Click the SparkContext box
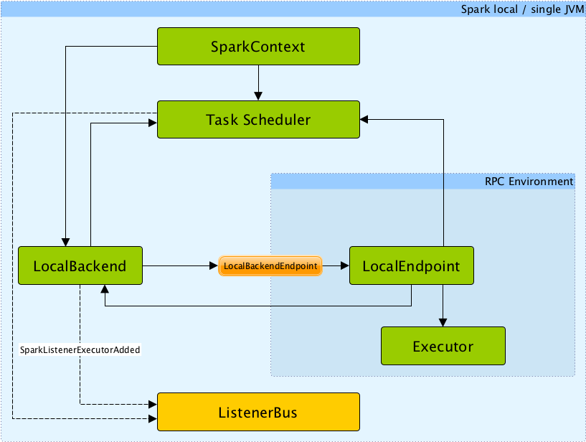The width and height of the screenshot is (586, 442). (x=257, y=47)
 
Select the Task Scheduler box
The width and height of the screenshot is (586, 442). (x=257, y=119)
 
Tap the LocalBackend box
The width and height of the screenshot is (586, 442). (x=80, y=266)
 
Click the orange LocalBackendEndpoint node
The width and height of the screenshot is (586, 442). (x=270, y=266)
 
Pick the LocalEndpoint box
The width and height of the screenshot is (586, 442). (x=411, y=266)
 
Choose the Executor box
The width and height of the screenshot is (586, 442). (x=443, y=347)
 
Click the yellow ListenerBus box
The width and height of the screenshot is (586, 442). (x=257, y=412)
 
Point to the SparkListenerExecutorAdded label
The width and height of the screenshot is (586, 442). (x=80, y=349)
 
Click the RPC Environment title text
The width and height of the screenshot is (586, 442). (x=529, y=182)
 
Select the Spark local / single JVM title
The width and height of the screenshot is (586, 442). (x=521, y=10)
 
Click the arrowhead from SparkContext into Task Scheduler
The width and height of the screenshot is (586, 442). (x=258, y=95)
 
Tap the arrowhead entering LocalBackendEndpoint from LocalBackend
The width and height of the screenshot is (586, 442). (x=213, y=266)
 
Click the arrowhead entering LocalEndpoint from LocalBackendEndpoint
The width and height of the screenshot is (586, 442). (x=344, y=266)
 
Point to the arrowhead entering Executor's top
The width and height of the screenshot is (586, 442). (x=443, y=322)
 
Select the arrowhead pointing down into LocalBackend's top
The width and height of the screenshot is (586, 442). (x=66, y=242)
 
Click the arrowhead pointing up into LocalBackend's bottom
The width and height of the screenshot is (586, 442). (x=105, y=290)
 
